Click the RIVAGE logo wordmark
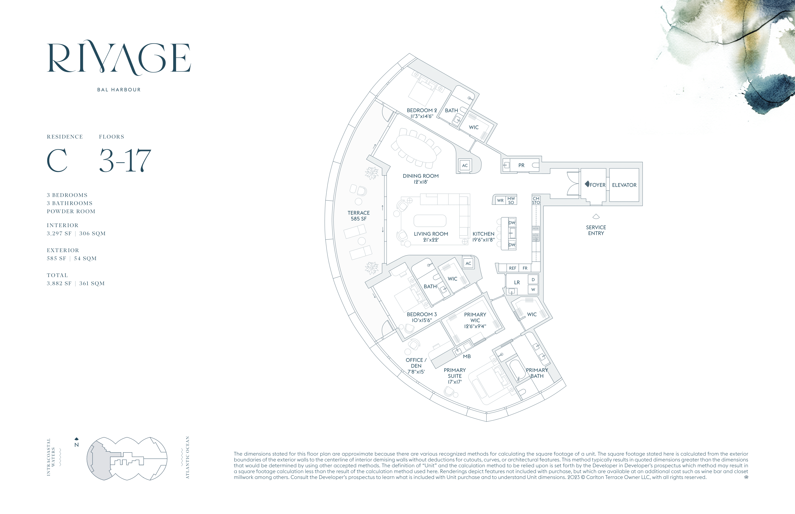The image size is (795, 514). pos(119,57)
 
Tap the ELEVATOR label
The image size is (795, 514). pos(624,185)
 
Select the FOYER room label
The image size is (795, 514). pos(597,185)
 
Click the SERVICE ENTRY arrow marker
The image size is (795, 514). pos(596,217)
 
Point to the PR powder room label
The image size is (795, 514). pos(521,165)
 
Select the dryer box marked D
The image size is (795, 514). pos(533,280)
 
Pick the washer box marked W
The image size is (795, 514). pos(533,289)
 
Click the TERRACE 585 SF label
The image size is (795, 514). pos(358,216)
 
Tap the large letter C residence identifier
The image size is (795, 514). pos(57,161)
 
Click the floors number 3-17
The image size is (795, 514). pos(125,161)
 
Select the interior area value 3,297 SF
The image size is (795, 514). pos(59,234)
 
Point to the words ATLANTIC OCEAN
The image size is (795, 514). pos(187,457)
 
